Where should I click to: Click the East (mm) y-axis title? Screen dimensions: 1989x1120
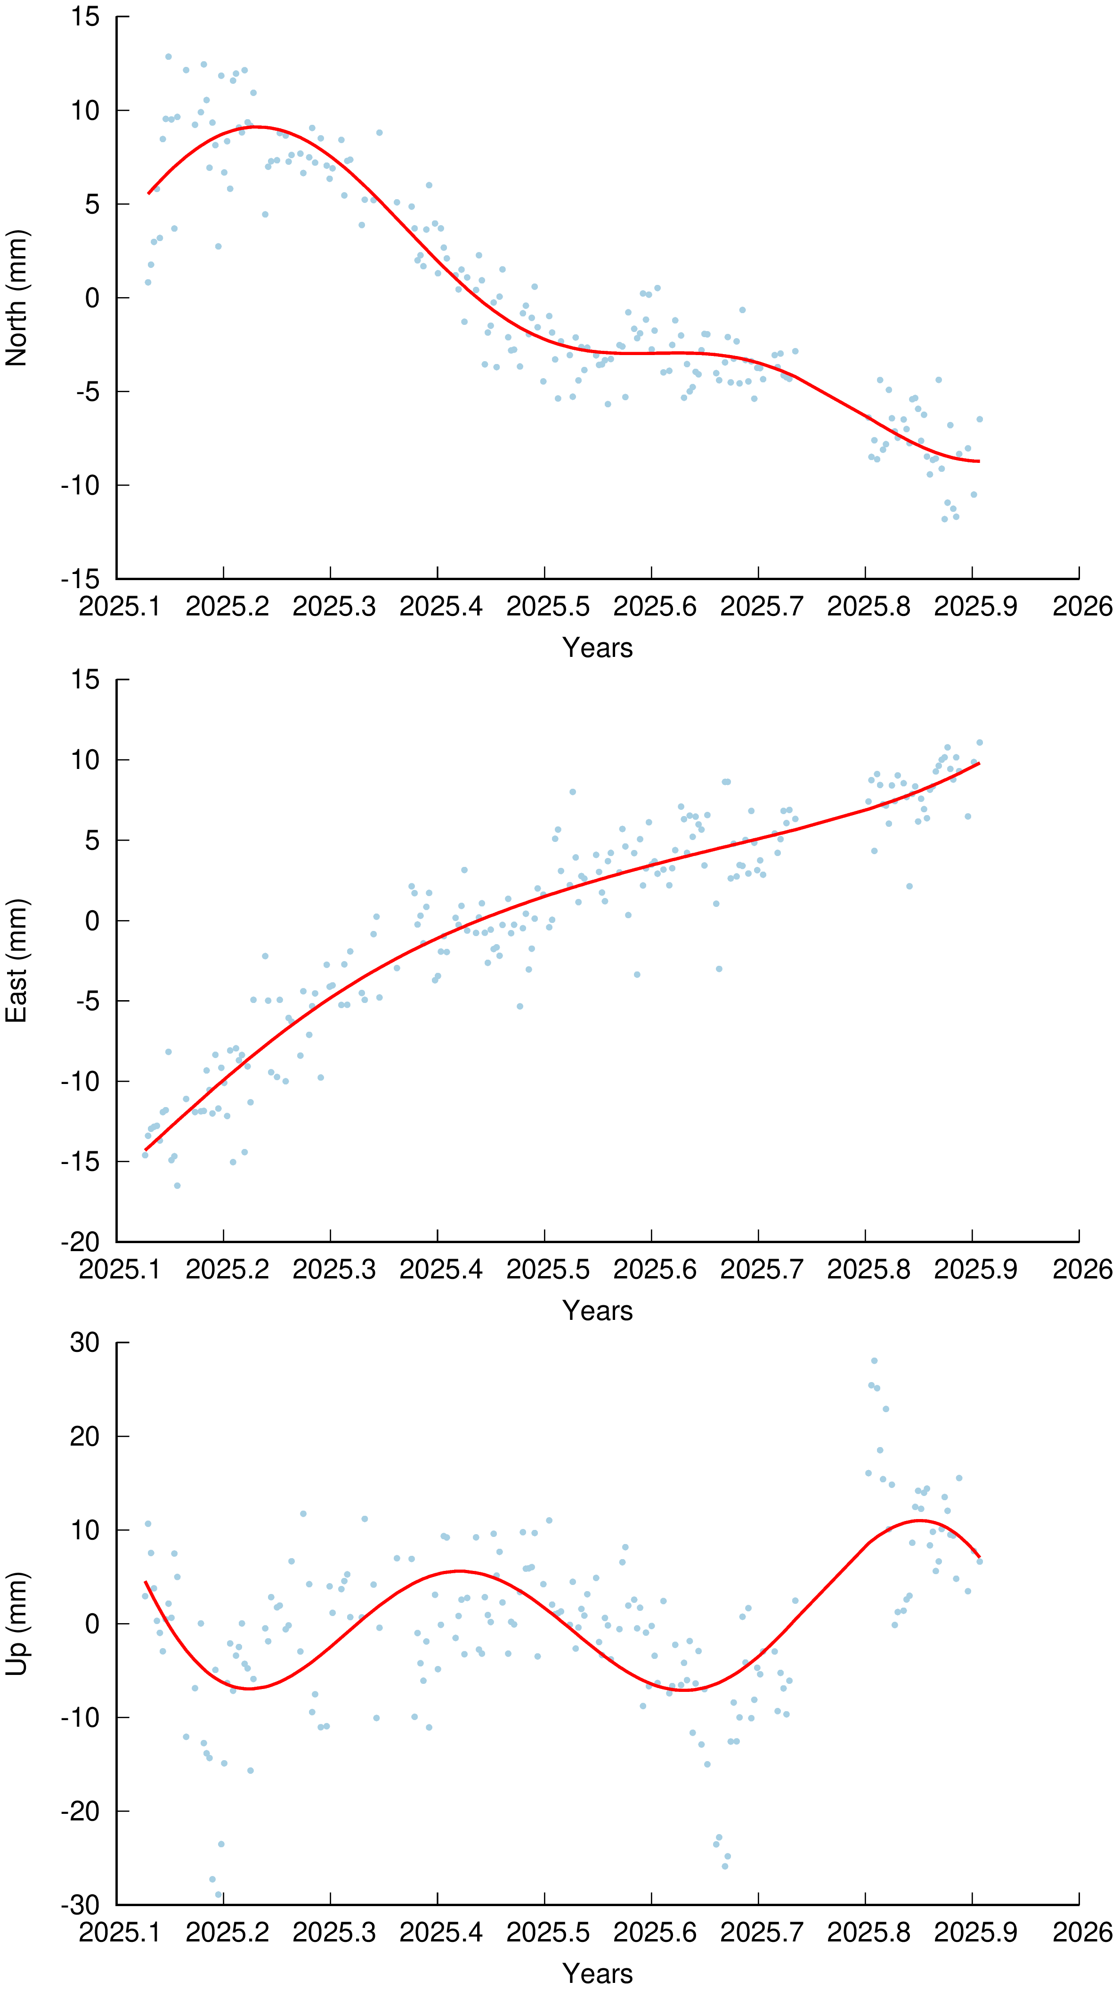click(x=17, y=961)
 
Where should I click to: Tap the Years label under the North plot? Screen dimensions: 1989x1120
click(x=597, y=648)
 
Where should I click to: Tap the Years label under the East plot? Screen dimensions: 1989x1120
click(x=597, y=1310)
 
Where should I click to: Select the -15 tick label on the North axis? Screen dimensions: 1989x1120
click(x=81, y=579)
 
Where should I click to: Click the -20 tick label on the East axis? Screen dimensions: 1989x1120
click(x=81, y=1242)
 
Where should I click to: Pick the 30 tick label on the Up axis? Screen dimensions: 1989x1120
click(x=85, y=1343)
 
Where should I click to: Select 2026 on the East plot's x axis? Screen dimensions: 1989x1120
click(x=1082, y=1269)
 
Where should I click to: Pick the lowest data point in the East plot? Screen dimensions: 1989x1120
click(x=177, y=1185)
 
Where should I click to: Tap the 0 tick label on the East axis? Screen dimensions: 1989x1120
click(x=93, y=921)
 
